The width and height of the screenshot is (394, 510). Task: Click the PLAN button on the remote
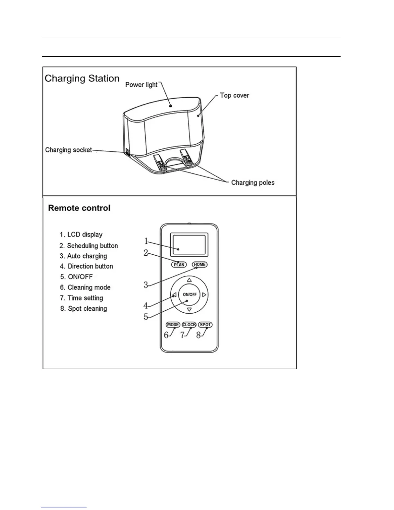pyautogui.click(x=179, y=265)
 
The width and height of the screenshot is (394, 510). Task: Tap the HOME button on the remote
pyautogui.click(x=200, y=264)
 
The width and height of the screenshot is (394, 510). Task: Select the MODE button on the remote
pyautogui.click(x=173, y=325)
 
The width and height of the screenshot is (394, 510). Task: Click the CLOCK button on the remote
pyautogui.click(x=189, y=325)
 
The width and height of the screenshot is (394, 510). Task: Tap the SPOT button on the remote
pyautogui.click(x=205, y=325)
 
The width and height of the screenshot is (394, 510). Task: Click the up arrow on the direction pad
pyautogui.click(x=189, y=280)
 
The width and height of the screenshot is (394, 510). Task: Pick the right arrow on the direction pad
pyautogui.click(x=204, y=295)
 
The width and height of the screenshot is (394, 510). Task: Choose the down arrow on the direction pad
pyautogui.click(x=189, y=310)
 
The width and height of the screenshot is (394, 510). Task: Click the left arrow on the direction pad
pyautogui.click(x=174, y=295)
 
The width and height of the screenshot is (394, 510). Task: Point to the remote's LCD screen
pyautogui.click(x=189, y=245)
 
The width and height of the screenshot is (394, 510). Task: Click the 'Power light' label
pyautogui.click(x=141, y=85)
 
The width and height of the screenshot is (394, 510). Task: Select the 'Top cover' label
pyautogui.click(x=234, y=95)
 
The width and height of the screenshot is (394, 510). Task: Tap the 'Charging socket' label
pyautogui.click(x=69, y=150)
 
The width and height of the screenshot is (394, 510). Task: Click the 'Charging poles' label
pyautogui.click(x=253, y=183)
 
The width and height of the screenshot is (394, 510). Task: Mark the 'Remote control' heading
pyautogui.click(x=79, y=208)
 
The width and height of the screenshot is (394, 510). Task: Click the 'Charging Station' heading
pyautogui.click(x=82, y=78)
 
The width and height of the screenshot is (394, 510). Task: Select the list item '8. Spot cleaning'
pyautogui.click(x=84, y=308)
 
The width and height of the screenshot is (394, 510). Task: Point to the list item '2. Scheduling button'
pyautogui.click(x=89, y=246)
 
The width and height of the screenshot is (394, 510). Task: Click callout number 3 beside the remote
pyautogui.click(x=146, y=285)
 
